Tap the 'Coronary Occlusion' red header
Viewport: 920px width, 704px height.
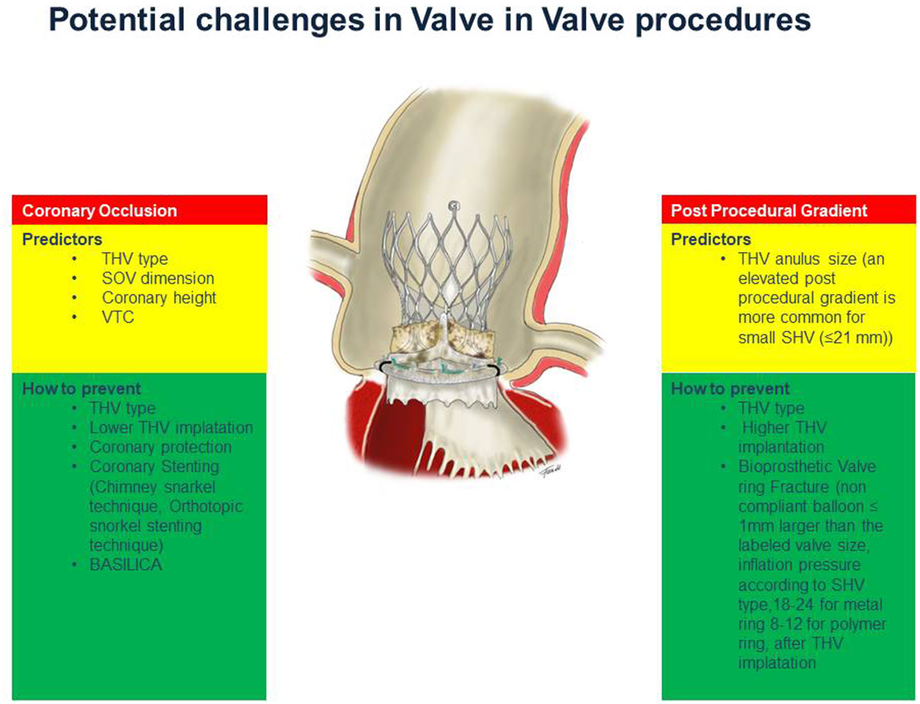click(99, 210)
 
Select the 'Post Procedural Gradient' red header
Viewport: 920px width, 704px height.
click(768, 210)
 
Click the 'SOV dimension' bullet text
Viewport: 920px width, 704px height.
click(158, 278)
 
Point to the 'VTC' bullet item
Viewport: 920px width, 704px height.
click(118, 317)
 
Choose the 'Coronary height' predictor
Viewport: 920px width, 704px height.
click(159, 298)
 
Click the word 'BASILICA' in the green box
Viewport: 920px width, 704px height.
click(126, 564)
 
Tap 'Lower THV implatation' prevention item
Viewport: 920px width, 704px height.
click(171, 428)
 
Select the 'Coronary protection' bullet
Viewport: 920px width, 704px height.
click(160, 447)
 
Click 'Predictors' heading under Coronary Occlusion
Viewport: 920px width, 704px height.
click(62, 239)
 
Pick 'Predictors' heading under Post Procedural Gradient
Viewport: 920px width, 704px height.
click(710, 239)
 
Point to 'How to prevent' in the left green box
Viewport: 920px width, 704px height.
click(82, 389)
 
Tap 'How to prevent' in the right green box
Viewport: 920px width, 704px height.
click(729, 389)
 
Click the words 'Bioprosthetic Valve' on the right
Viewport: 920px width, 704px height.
click(807, 467)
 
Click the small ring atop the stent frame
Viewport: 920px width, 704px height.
click(454, 205)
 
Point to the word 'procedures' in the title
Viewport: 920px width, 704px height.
click(723, 21)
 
